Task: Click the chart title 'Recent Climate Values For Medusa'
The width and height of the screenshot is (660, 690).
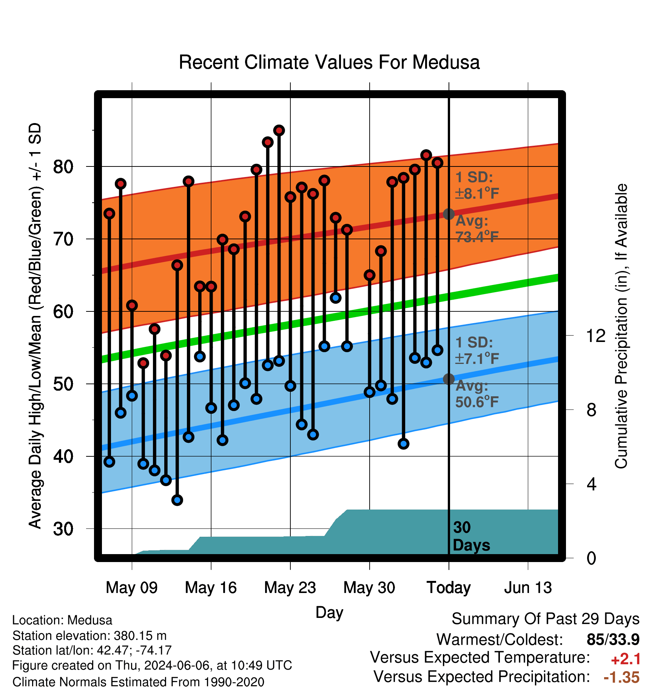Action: (x=329, y=62)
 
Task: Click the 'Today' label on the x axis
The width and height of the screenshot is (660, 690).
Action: (x=449, y=588)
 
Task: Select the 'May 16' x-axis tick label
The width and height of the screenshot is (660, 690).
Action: (x=211, y=588)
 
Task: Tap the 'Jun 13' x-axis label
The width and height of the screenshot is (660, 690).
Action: (x=528, y=588)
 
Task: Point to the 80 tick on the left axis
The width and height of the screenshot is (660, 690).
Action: (x=63, y=166)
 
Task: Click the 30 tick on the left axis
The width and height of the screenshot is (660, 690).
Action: (x=63, y=529)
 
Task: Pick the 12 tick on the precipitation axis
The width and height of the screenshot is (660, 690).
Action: (x=595, y=336)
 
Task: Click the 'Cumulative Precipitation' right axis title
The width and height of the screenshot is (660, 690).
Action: (x=621, y=326)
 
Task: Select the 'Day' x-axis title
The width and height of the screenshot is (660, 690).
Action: (x=329, y=612)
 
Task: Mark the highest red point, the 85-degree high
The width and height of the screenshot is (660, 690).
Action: (x=279, y=131)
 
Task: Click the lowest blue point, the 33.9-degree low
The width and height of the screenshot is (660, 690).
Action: (x=177, y=500)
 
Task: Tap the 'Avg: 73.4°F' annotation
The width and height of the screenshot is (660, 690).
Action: (x=477, y=229)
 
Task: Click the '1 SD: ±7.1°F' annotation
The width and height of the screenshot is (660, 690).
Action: (x=477, y=350)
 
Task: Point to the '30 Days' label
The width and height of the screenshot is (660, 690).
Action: (x=471, y=536)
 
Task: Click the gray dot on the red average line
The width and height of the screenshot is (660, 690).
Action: (x=449, y=214)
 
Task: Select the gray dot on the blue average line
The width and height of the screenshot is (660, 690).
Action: (x=449, y=379)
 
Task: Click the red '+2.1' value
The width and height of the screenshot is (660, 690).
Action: (x=626, y=659)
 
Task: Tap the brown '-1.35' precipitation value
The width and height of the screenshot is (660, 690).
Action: (x=621, y=678)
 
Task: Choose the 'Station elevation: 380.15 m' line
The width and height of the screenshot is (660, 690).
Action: (x=89, y=636)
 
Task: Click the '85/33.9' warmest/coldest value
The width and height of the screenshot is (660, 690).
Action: (x=613, y=639)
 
